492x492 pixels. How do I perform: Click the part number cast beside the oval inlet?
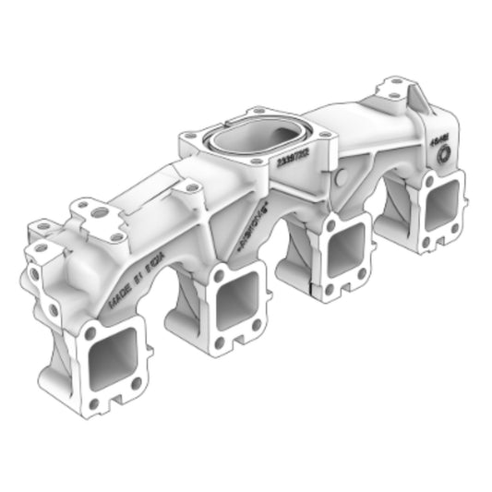[x=294, y=158]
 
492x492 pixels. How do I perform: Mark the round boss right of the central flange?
[x=342, y=174]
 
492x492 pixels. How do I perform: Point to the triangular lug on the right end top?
[x=417, y=96]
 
